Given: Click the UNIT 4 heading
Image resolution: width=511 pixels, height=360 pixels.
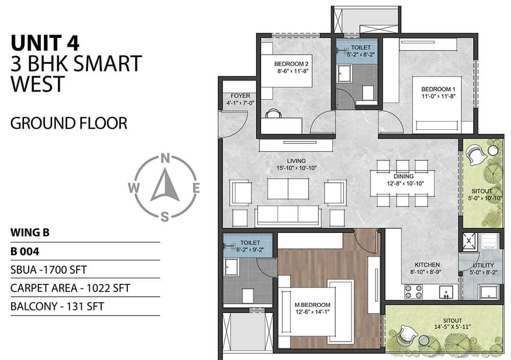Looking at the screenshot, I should (x=45, y=42).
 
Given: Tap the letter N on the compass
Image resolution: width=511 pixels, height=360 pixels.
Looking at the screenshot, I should (x=165, y=158).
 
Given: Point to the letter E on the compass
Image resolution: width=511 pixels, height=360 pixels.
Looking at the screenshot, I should (x=196, y=188).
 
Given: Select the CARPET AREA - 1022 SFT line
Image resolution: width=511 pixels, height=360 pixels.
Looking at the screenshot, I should (x=70, y=288).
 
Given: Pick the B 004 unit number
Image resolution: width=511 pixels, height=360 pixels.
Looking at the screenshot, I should (x=26, y=251).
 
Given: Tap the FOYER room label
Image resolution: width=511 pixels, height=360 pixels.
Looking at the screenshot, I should (x=240, y=95).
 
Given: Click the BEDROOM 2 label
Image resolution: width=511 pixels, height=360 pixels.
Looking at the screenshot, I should (x=291, y=64).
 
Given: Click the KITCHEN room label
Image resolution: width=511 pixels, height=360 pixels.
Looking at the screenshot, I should (x=427, y=265).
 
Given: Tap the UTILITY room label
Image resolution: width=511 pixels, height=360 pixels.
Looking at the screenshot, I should (x=483, y=265).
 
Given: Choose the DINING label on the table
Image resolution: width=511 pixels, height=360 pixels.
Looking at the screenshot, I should (x=403, y=176).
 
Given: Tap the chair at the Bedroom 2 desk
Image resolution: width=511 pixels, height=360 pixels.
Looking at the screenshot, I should (x=274, y=113).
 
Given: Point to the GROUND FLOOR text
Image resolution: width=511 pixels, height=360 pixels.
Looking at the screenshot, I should (x=68, y=123).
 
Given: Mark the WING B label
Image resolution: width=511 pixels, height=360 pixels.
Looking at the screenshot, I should (x=30, y=233).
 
